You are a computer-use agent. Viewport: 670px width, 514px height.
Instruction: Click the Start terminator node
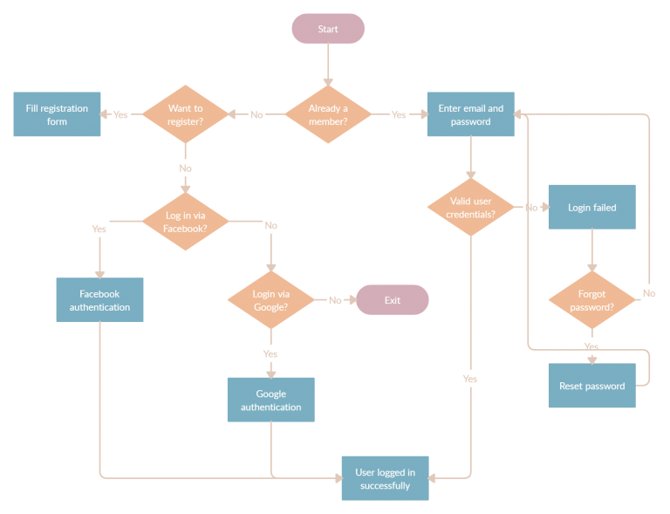[x=328, y=29]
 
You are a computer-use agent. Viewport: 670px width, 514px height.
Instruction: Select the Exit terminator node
[x=393, y=300]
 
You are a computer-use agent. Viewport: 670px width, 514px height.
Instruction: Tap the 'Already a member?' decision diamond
[x=328, y=114]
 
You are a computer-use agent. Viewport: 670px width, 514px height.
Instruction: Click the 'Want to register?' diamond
[x=185, y=114]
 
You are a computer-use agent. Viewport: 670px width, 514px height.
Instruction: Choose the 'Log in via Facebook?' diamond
[x=185, y=222]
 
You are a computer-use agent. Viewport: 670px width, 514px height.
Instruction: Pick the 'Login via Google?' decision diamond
[x=270, y=300]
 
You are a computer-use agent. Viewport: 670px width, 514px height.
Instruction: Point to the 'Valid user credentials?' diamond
[x=471, y=208]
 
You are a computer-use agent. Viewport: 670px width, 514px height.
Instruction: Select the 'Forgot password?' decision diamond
[x=591, y=300]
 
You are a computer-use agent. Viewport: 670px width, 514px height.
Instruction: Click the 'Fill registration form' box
[x=57, y=114]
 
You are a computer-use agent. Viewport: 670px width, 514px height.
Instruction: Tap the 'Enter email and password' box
[x=471, y=114]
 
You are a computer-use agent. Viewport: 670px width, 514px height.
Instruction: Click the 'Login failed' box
[x=591, y=208]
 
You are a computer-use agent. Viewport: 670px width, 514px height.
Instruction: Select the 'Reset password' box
[x=591, y=386]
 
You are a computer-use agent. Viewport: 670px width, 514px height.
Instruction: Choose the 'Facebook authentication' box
[x=99, y=300]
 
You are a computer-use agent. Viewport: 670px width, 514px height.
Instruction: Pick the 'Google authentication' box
[x=270, y=400]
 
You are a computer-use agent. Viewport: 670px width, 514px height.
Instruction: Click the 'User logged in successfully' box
[x=385, y=478]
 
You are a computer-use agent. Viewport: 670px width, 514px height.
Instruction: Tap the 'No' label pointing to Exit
[x=335, y=300]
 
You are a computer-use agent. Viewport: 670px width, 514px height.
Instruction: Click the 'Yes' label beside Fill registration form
[x=120, y=114]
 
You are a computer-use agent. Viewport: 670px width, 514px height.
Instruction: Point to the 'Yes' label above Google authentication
[x=270, y=353]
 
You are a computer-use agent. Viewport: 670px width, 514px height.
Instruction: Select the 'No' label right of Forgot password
[x=649, y=293]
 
